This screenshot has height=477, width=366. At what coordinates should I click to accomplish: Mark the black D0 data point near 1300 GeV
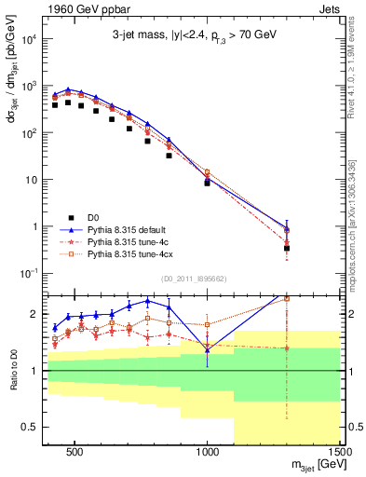[287, 248]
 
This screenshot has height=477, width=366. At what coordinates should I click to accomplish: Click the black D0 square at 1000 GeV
[207, 184]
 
